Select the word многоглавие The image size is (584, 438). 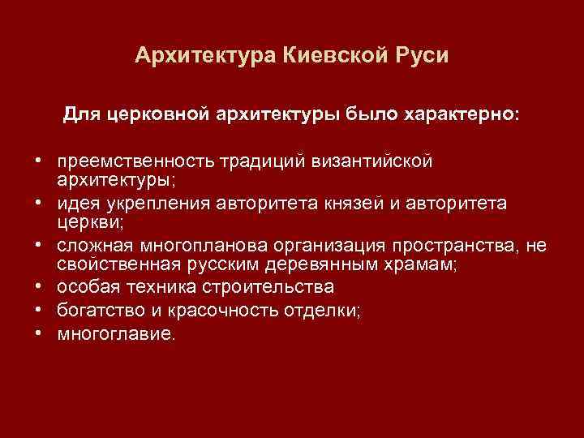click(114, 333)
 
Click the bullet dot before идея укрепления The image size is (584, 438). click(38, 203)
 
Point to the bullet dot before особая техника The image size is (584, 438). click(38, 287)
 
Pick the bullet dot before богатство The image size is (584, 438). click(38, 310)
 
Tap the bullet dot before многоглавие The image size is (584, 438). click(38, 333)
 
